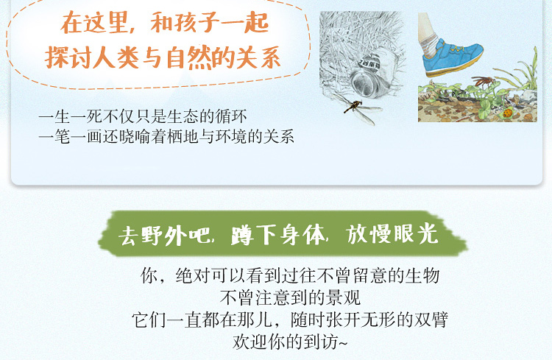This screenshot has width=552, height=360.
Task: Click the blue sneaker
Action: tap(453, 59)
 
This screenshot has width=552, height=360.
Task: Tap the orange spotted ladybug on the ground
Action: tap(507, 113)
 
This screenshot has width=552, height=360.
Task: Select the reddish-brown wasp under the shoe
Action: tap(484, 82)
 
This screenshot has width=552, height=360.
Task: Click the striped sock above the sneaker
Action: tap(429, 45)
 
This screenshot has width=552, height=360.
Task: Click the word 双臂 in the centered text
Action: tap(431, 320)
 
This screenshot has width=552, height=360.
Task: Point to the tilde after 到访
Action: tap(343, 343)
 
